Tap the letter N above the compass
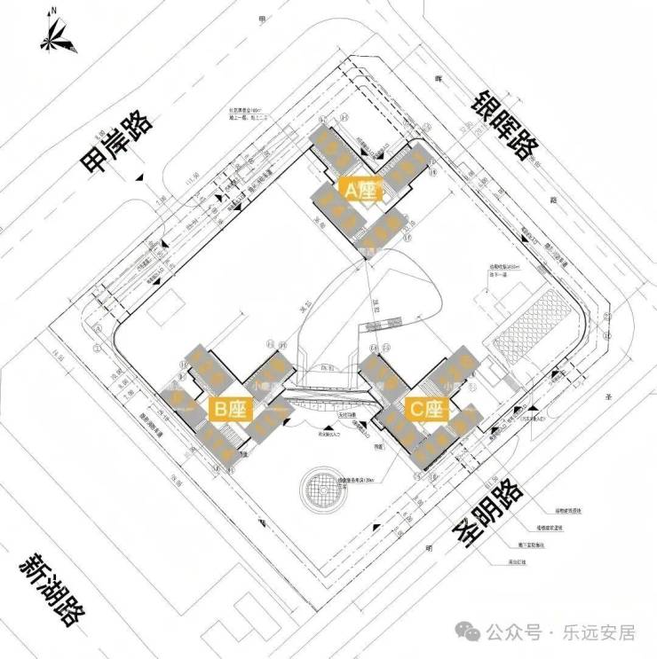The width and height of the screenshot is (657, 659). click(x=54, y=11)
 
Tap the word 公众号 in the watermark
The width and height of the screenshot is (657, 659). click(x=514, y=632)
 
